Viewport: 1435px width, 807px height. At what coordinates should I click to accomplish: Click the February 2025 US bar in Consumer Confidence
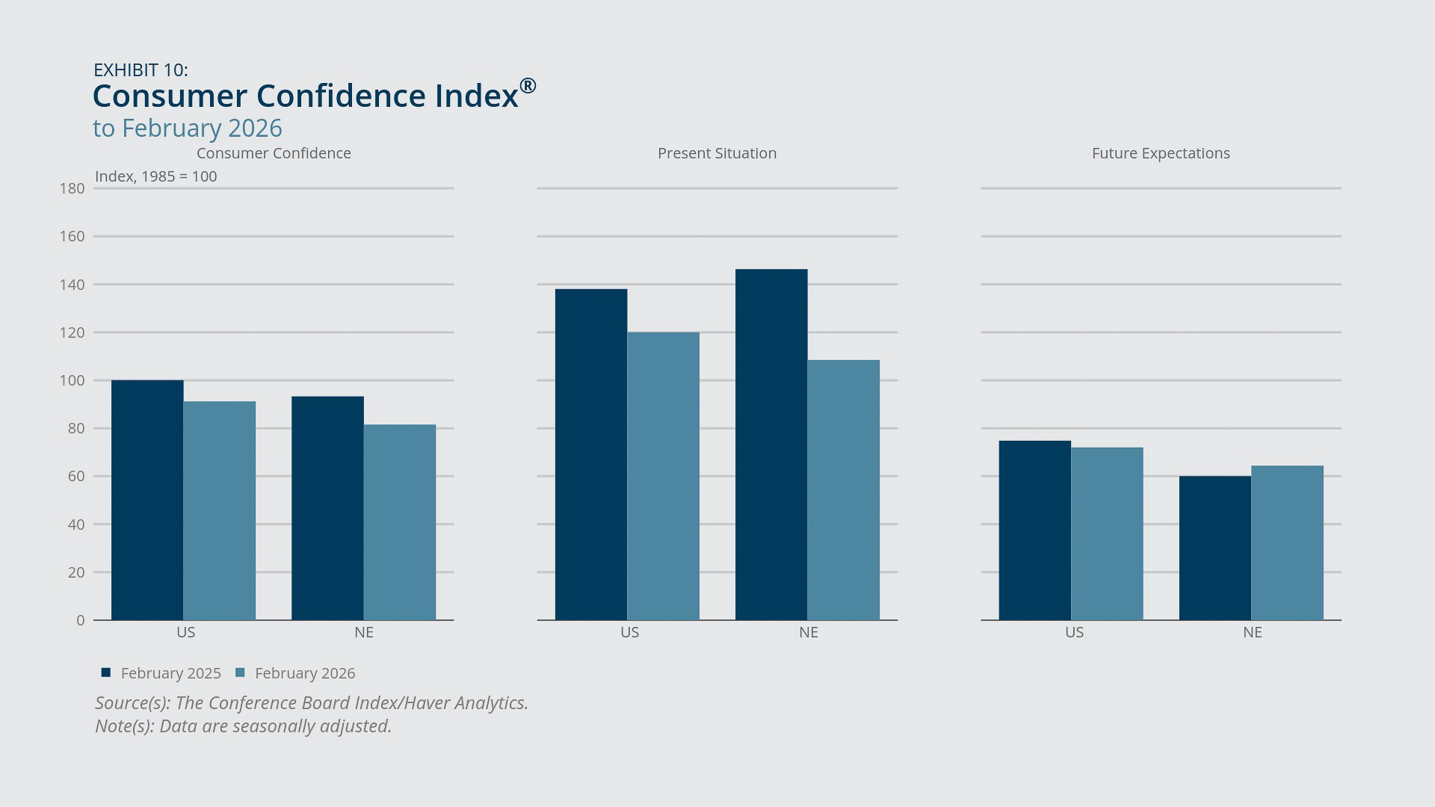pos(147,500)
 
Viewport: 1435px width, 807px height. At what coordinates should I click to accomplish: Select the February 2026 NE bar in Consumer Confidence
pos(400,522)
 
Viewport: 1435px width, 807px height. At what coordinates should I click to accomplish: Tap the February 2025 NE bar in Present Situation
pos(771,445)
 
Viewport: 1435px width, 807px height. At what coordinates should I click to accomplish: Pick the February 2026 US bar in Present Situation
pos(664,476)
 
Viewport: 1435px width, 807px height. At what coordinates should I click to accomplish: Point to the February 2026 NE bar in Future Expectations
pos(1287,543)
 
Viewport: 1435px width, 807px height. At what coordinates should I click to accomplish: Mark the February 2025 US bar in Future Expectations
pos(1035,531)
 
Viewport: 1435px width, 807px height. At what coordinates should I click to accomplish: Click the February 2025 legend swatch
pos(106,672)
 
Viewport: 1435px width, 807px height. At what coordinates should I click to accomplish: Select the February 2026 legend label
pos(305,673)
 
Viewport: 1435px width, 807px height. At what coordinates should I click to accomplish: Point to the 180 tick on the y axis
pos(72,188)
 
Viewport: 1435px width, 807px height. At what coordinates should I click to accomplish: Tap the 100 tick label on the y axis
pos(72,380)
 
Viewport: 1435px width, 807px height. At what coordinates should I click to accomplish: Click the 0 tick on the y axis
pos(80,620)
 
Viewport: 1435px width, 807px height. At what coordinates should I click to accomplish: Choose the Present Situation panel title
pos(717,153)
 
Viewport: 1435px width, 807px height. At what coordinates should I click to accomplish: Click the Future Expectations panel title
pos(1161,153)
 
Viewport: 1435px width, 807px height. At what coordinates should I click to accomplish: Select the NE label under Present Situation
pos(809,632)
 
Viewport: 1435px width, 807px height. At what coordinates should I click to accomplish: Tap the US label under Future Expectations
pos(1074,632)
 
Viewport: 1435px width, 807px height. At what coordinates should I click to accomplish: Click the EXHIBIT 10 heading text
pos(141,70)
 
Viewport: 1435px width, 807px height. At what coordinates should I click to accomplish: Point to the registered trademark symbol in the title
pos(528,86)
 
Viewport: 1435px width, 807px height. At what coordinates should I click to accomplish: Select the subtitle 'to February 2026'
pos(188,129)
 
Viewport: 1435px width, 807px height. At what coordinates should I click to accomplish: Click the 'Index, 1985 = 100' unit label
pos(155,176)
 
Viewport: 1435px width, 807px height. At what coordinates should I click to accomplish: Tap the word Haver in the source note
pos(426,703)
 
